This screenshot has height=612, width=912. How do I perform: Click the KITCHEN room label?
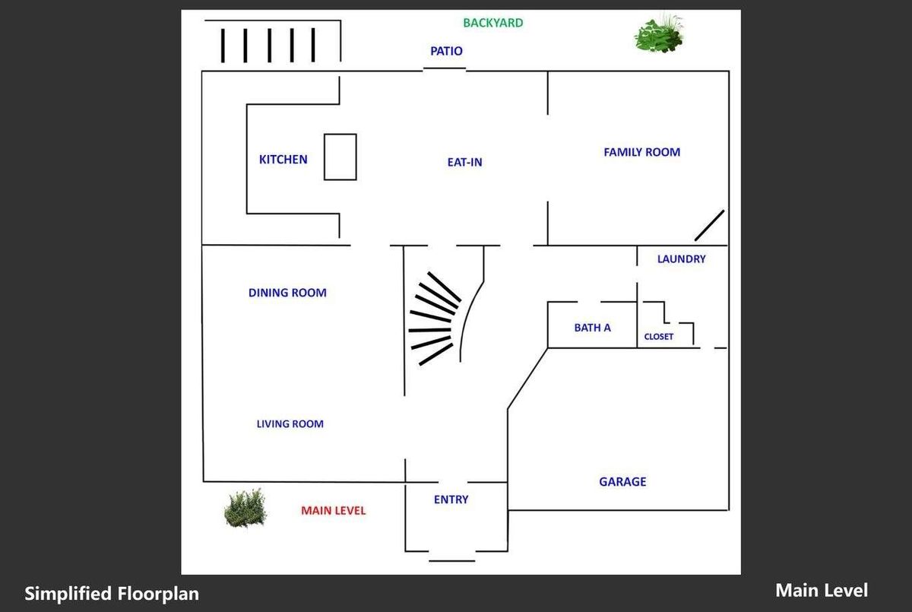283,159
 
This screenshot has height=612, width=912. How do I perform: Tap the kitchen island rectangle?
340,134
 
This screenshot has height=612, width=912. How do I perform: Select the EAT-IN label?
464,162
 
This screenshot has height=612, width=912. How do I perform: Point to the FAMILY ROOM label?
641,152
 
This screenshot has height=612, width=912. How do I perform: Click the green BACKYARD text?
493,23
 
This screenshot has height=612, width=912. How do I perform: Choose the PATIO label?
446,51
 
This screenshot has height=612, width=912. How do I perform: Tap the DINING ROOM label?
287,293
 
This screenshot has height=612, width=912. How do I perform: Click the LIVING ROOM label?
290,424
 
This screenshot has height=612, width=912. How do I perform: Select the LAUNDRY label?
681,259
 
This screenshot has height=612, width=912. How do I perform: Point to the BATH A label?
592,328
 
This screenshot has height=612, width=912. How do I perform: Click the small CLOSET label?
658,337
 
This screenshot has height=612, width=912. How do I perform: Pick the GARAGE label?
622,482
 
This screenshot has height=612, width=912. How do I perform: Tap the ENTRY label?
451,499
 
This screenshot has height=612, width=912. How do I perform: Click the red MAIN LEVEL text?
334,511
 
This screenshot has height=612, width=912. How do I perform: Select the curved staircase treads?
434,318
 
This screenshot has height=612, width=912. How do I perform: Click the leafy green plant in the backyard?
659,33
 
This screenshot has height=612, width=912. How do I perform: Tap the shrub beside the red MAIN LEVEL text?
245,508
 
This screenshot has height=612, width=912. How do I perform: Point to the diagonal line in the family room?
709,226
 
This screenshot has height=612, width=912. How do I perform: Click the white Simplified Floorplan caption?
112,593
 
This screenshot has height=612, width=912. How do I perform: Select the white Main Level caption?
822,591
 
